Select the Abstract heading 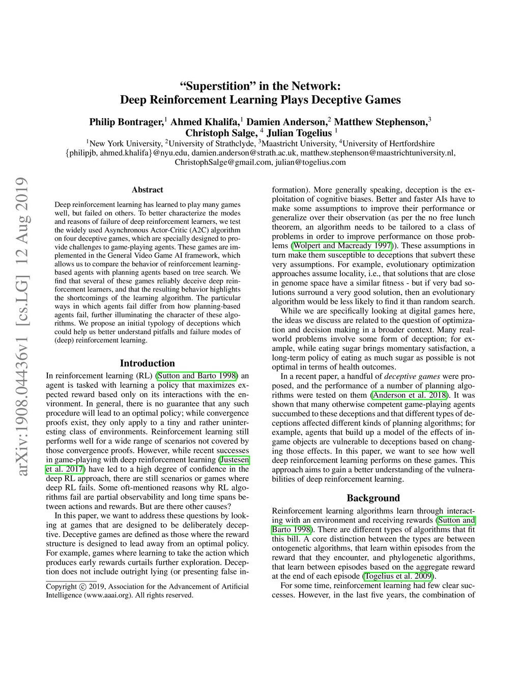[x=148, y=190]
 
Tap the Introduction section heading [x=148, y=363]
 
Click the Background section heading [x=373, y=498]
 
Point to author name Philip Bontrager [x=126, y=122]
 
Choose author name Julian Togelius [x=299, y=133]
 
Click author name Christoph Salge [x=220, y=133]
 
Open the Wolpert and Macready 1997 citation [x=342, y=246]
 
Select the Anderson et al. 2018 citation [x=410, y=395]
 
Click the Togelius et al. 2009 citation [x=399, y=576]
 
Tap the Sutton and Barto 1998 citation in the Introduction [x=197, y=376]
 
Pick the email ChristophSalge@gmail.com [x=223, y=162]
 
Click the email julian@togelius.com [x=310, y=162]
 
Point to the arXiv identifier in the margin [x=22, y=326]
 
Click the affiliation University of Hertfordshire [x=389, y=143]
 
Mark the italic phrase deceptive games [x=405, y=376]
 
